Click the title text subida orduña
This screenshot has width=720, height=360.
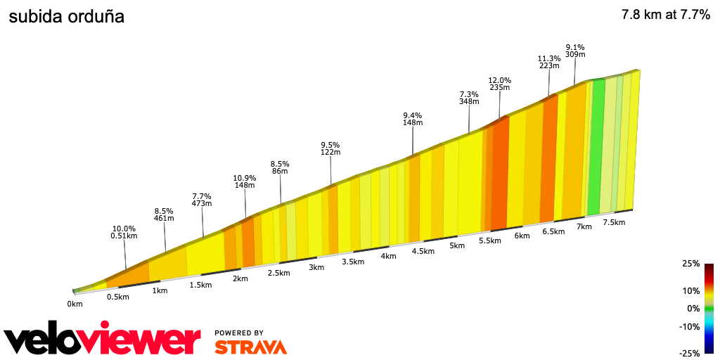pyautogui.click(x=66, y=17)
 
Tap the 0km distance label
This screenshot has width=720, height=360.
pyautogui.click(x=75, y=304)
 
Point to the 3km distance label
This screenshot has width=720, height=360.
pyautogui.click(x=316, y=267)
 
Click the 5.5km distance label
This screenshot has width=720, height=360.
pyautogui.click(x=489, y=240)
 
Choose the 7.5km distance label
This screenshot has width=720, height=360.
pyautogui.click(x=614, y=222)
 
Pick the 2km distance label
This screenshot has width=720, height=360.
pyautogui.click(x=240, y=278)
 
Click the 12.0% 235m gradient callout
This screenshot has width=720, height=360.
pyautogui.click(x=500, y=84)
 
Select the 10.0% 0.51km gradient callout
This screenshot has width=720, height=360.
pyautogui.click(x=124, y=233)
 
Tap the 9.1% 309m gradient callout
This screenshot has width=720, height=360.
pyautogui.click(x=575, y=51)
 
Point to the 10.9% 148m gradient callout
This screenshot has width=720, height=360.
pyautogui.click(x=245, y=182)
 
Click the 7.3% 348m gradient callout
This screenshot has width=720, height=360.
pyautogui.click(x=469, y=98)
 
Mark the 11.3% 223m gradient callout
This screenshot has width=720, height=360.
pyautogui.click(x=549, y=62)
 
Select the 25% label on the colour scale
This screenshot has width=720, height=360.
pyautogui.click(x=690, y=264)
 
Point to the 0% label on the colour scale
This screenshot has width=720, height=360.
pyautogui.click(x=693, y=308)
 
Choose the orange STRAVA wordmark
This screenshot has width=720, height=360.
pyautogui.click(x=250, y=347)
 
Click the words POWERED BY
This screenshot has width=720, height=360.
pyautogui.click(x=239, y=333)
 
